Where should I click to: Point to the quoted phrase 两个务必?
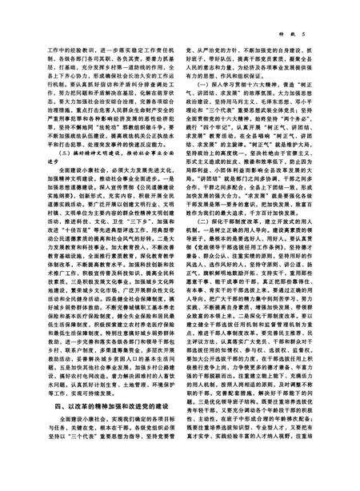click(310, 118)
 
